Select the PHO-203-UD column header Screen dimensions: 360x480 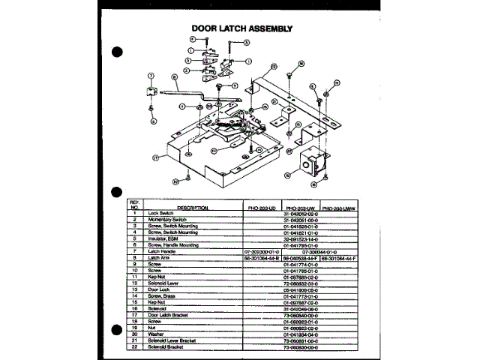point(261,206)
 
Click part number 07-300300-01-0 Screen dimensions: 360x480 point(261,250)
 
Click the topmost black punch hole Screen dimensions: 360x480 point(117,52)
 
